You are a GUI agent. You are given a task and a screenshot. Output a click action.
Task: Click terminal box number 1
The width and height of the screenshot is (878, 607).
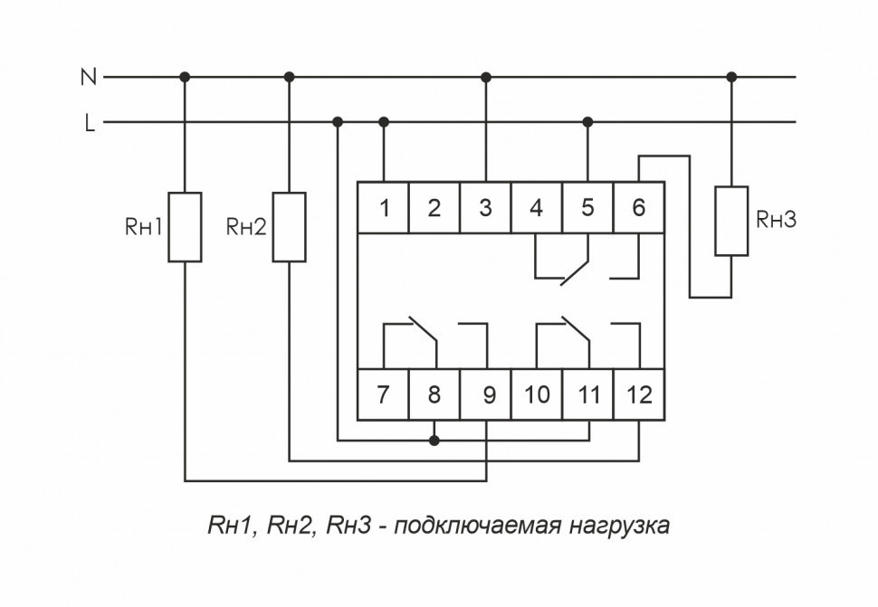click(x=384, y=208)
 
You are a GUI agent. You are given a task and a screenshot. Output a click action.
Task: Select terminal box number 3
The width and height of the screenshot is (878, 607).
click(x=486, y=208)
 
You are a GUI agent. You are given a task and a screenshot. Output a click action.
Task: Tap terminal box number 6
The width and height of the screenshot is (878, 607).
click(x=639, y=208)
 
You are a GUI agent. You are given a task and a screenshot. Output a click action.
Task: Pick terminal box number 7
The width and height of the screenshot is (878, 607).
click(x=384, y=394)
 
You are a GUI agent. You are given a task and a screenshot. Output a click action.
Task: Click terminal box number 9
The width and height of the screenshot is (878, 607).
click(x=486, y=394)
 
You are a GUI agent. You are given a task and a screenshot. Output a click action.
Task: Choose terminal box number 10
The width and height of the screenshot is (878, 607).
click(x=537, y=394)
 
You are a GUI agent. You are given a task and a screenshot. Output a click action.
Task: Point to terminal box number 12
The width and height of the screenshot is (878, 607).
click(x=639, y=394)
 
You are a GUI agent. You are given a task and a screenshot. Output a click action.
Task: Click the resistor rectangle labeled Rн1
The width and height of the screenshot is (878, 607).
click(x=185, y=227)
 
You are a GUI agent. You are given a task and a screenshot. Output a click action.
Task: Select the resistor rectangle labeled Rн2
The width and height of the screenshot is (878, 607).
click(x=290, y=227)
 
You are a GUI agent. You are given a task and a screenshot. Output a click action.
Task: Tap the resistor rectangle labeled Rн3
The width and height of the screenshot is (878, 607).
click(x=731, y=221)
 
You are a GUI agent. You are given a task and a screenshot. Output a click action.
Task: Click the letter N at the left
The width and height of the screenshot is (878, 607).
click(x=88, y=78)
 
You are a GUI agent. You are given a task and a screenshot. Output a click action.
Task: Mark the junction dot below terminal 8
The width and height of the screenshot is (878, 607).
click(x=434, y=441)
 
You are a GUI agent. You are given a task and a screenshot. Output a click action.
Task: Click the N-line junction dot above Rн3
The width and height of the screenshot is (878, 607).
click(x=731, y=77)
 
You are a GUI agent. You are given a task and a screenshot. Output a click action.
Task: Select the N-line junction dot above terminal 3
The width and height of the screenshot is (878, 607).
click(x=486, y=77)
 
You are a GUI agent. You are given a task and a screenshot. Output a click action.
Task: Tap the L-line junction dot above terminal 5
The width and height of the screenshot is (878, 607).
click(x=588, y=121)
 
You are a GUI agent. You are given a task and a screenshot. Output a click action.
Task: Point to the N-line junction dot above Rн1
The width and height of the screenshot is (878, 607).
click(x=185, y=77)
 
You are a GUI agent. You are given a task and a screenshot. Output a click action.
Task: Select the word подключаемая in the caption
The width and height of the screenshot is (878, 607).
click(x=467, y=526)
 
